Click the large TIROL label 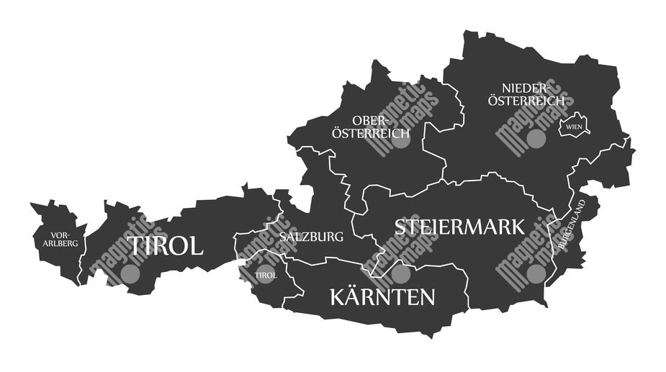coord(166,246)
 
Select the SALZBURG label coord(311,237)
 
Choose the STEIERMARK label coord(459,227)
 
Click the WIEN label coord(574,127)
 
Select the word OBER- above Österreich coord(370,119)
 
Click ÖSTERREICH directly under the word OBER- coord(370,133)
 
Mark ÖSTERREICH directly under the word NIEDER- coord(526,101)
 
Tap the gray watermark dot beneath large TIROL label coord(130,273)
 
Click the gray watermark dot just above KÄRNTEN coord(400,273)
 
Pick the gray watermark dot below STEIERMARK coord(535,273)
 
